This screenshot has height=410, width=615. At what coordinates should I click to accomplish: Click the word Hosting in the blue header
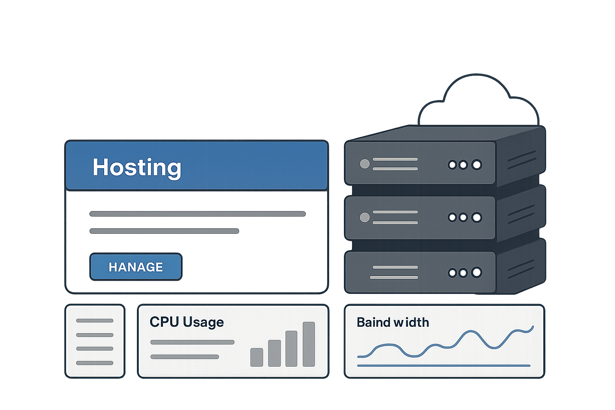tap(137, 167)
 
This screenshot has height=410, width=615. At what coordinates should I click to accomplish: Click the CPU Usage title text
tap(187, 322)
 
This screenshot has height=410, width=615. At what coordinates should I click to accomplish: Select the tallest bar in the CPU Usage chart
tap(309, 344)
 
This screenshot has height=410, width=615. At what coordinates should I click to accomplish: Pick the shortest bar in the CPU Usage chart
tap(257, 357)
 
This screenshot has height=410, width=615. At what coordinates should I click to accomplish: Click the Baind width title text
tap(393, 322)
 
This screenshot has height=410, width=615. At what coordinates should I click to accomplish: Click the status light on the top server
tap(365, 164)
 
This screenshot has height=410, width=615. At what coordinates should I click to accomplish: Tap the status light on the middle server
tap(365, 217)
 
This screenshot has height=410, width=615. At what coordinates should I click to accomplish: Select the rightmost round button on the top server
tap(476, 165)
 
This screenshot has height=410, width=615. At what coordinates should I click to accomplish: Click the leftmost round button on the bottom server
tap(452, 273)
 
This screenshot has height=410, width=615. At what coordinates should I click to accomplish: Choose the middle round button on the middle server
tap(463, 217)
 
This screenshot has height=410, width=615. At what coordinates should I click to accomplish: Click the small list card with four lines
tap(95, 341)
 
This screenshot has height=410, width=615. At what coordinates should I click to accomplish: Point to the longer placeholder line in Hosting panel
tap(197, 214)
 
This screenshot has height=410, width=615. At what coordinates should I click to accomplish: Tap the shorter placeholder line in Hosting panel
tap(164, 231)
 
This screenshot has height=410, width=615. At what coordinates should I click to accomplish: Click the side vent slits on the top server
tap(522, 160)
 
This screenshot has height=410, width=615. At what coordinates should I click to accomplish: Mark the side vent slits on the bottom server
tap(521, 269)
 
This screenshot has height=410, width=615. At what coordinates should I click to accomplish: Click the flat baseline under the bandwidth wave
tap(444, 366)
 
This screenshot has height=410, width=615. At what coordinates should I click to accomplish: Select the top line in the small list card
tap(95, 321)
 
